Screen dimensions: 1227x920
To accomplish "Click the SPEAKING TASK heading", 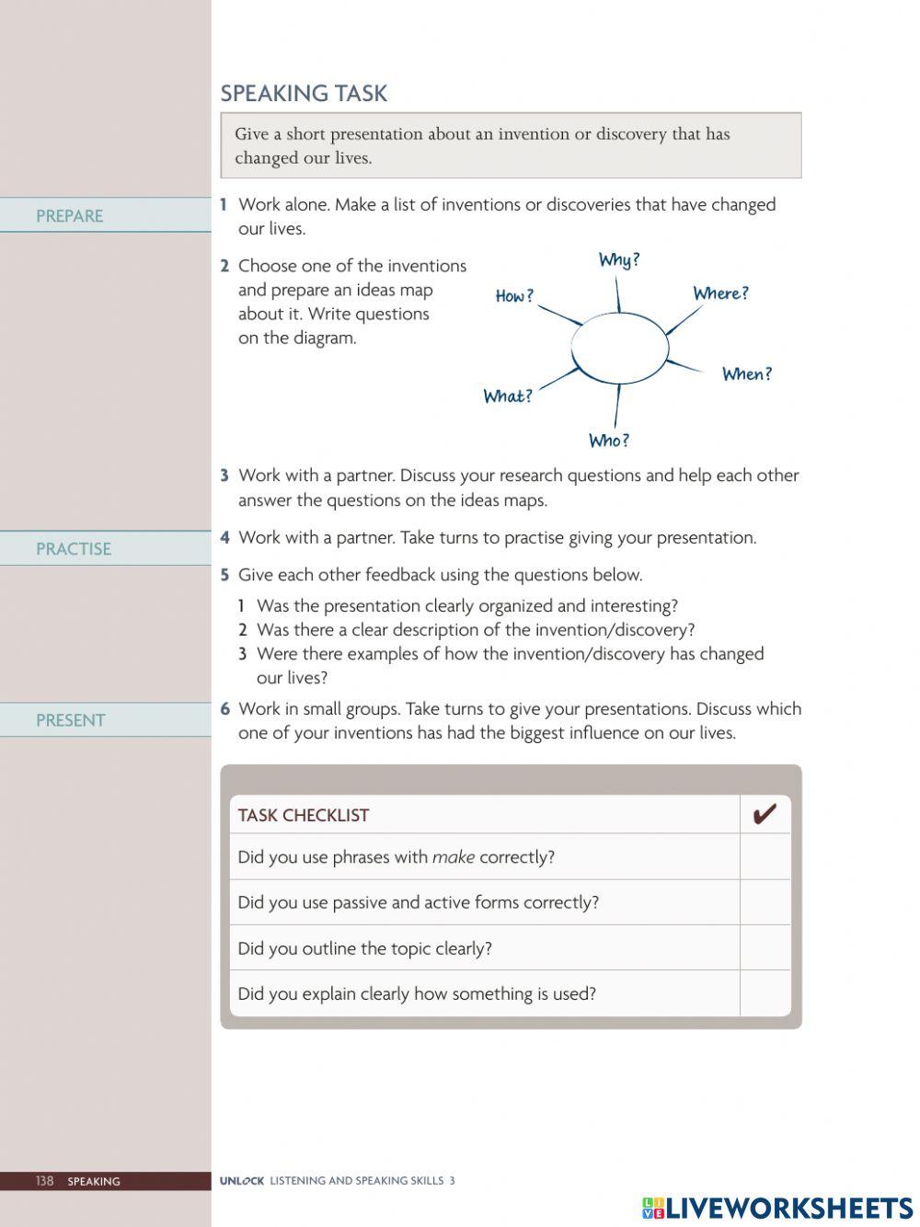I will [304, 93].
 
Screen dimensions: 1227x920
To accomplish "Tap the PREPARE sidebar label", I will [69, 216].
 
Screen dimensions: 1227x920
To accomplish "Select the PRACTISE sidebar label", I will [74, 549].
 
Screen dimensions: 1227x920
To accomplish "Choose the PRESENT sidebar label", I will [71, 720].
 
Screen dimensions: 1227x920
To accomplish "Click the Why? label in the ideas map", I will [619, 260].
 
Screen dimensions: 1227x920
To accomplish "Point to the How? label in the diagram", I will [514, 296].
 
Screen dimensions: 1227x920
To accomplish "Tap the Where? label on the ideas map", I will [720, 293].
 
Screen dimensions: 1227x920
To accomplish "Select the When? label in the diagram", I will [746, 374].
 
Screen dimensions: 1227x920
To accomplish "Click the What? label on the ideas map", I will [508, 396].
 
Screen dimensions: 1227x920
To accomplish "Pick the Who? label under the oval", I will [609, 441].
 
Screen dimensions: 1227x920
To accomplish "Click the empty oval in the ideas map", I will [620, 347].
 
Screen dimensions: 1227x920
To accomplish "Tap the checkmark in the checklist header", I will [765, 814].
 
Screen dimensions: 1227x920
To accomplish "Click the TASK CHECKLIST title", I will [303, 815].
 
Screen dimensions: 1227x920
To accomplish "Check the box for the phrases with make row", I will [765, 856].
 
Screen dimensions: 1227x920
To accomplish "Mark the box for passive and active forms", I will [765, 902].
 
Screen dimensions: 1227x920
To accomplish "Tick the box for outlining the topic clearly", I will [765, 947].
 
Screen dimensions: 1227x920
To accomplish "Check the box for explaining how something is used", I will [765, 993].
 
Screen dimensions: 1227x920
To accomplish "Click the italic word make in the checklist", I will [454, 857].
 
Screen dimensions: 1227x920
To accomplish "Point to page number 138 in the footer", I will [45, 1181].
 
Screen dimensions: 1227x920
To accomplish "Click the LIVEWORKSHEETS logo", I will [777, 1208].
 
